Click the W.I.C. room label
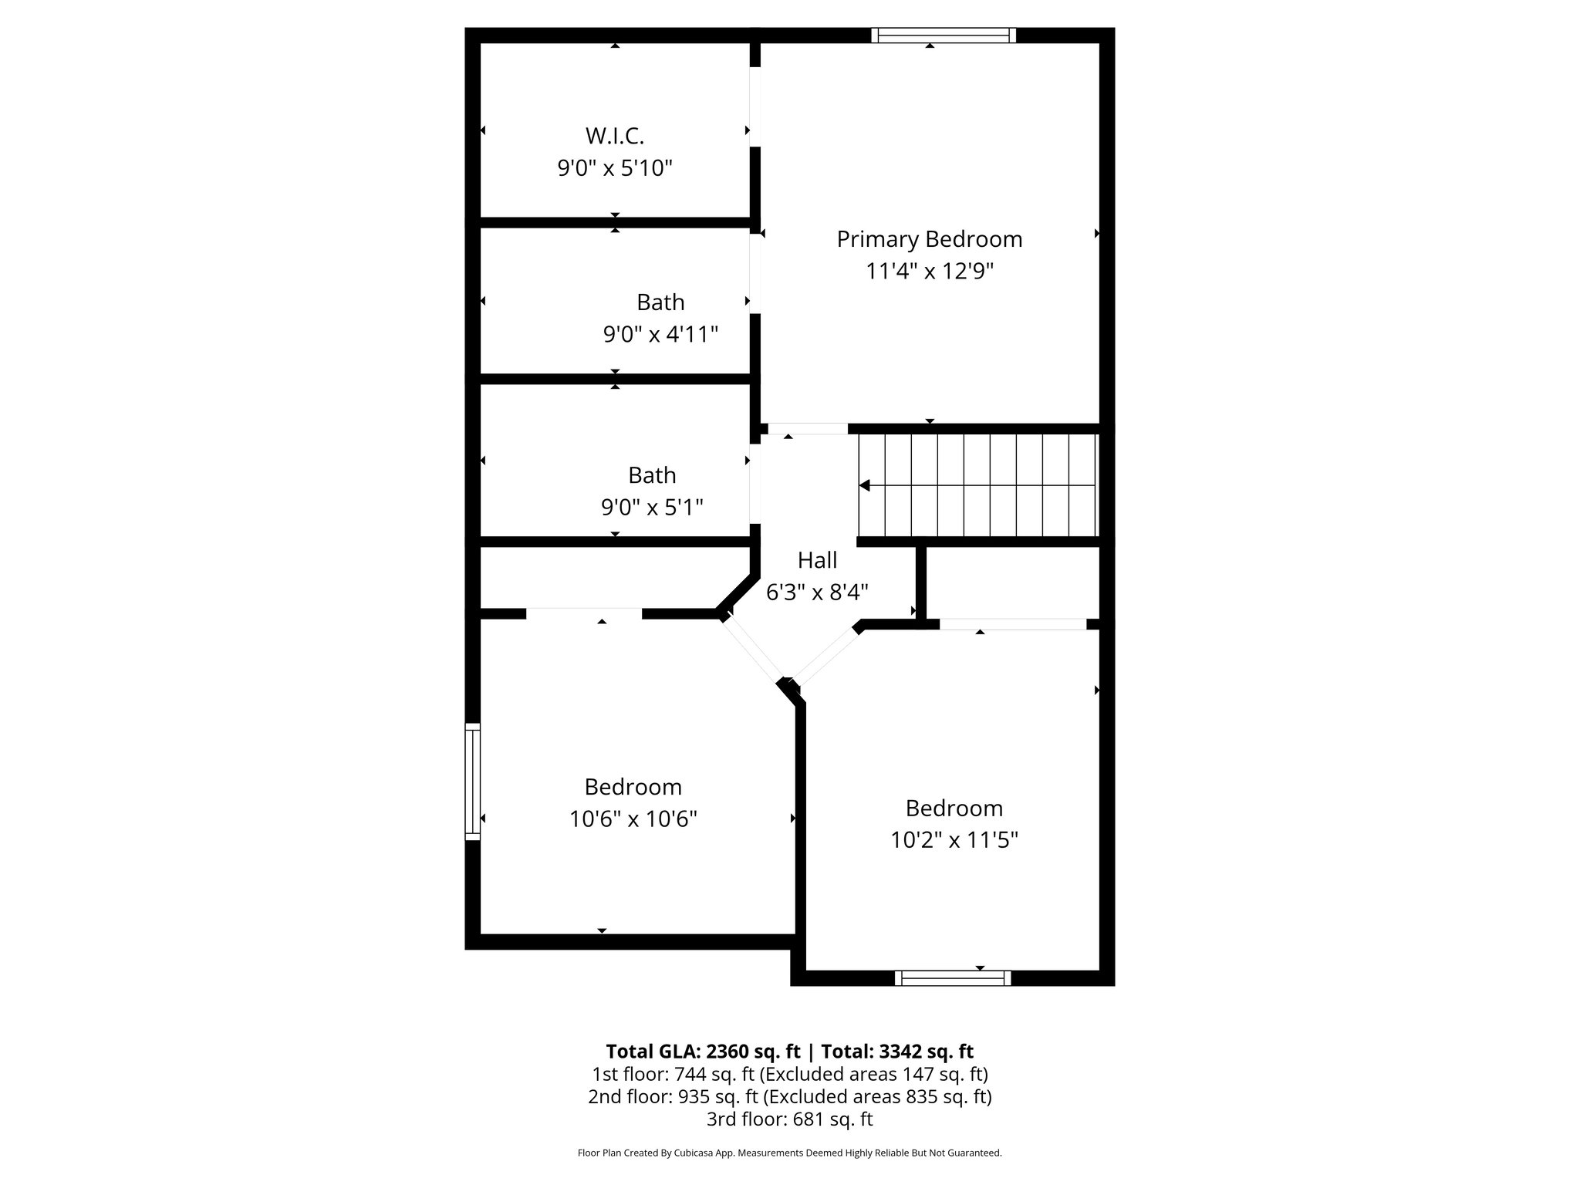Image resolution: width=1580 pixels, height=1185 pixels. [614, 136]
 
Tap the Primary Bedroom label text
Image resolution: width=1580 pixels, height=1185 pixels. [930, 239]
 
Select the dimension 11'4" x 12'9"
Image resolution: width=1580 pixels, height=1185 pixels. [930, 272]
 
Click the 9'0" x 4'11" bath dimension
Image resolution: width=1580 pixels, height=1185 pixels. [660, 335]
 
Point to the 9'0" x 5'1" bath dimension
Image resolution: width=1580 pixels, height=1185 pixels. [652, 508]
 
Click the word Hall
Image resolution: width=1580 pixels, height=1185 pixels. [817, 559]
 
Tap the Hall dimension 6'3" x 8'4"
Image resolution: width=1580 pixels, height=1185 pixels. [817, 592]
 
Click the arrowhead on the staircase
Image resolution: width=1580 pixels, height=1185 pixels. [865, 485]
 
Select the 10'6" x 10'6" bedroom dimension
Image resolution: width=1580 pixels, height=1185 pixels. [633, 819]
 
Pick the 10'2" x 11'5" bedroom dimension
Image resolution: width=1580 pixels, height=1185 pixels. [954, 840]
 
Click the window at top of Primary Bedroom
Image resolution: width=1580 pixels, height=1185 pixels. [944, 35]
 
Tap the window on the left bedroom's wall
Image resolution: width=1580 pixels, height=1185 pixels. [472, 781]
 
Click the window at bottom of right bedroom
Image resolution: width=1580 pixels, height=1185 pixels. [953, 977]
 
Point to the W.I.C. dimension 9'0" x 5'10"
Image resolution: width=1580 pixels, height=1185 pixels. [615, 168]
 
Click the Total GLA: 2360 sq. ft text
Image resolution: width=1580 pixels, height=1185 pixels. [703, 1052]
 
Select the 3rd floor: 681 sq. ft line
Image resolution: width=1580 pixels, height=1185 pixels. [789, 1119]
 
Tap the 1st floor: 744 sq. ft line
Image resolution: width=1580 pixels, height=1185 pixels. [789, 1074]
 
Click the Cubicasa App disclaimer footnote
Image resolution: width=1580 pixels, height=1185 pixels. [789, 1153]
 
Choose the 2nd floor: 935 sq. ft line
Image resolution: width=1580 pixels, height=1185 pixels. [789, 1096]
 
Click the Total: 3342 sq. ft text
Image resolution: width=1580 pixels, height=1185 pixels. [896, 1052]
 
